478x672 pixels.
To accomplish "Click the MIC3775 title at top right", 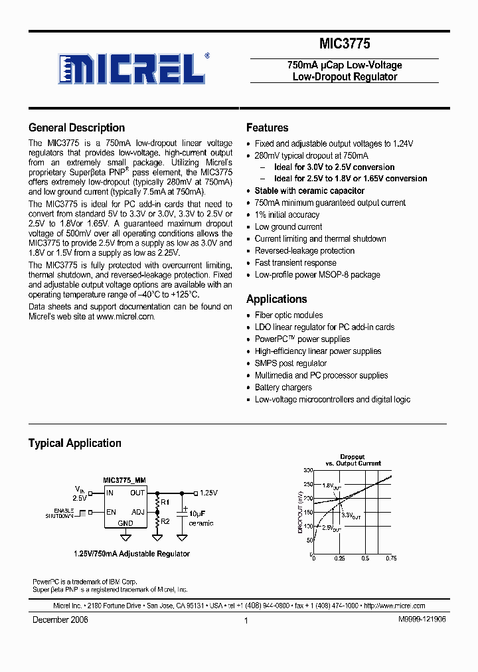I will pyautogui.click(x=344, y=44).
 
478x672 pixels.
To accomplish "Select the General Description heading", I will pyautogui.click(x=76, y=128).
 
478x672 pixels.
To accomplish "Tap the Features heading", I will pyautogui.click(x=267, y=128).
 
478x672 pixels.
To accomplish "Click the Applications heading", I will pyautogui.click(x=276, y=299).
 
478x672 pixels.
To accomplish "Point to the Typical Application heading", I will pyautogui.click(x=74, y=444).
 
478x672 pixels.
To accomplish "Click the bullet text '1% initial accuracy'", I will pyautogui.click(x=287, y=215).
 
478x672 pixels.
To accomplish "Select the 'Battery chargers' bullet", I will pyautogui.click(x=283, y=388).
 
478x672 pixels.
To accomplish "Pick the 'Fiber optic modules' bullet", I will pyautogui.click(x=289, y=315).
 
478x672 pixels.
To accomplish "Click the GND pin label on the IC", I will pyautogui.click(x=125, y=523).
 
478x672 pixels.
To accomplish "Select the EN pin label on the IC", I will pyautogui.click(x=110, y=512).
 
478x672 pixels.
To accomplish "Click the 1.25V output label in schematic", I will pyautogui.click(x=209, y=493).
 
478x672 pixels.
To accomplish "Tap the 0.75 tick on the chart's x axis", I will pyautogui.click(x=391, y=558).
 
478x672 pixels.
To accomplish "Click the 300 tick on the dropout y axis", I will pyautogui.click(x=308, y=470).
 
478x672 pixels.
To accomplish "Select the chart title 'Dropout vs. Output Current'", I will pyautogui.click(x=353, y=460).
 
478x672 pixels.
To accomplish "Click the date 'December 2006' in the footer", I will pyautogui.click(x=60, y=620).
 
